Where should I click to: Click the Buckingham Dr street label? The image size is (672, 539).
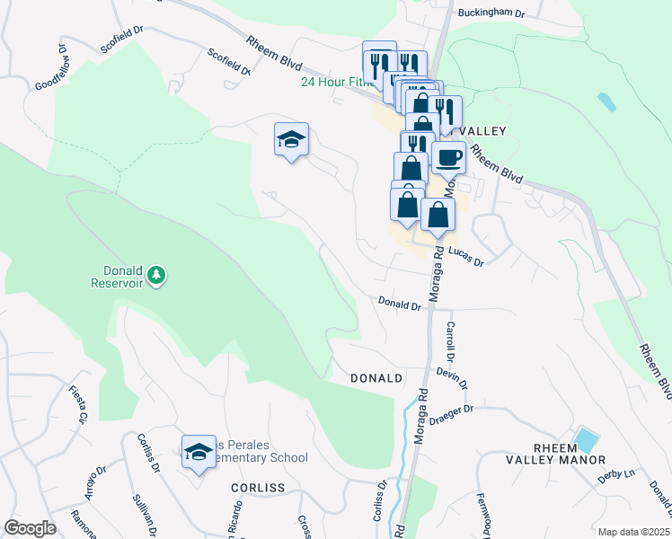[491, 13]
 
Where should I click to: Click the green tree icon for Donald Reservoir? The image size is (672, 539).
[157, 274]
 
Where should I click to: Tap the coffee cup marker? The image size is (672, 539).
[448, 158]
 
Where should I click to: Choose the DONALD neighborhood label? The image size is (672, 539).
[376, 379]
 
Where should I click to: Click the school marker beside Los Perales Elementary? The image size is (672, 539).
[199, 452]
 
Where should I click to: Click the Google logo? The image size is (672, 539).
[31, 528]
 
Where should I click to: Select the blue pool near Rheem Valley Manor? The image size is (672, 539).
[586, 440]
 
